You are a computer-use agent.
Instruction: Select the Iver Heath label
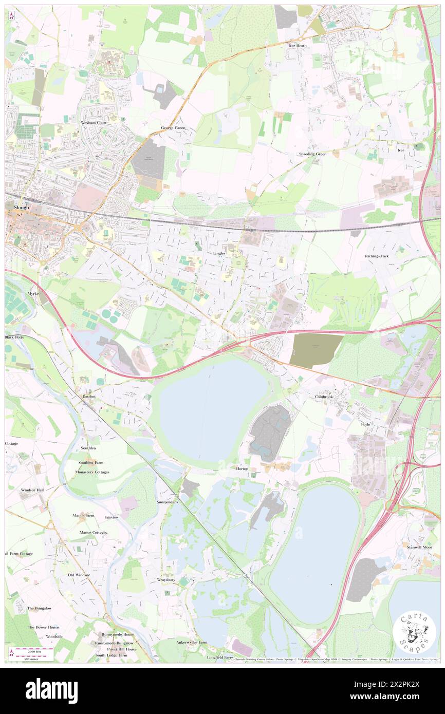click(x=298, y=46)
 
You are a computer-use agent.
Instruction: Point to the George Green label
click(x=173, y=127)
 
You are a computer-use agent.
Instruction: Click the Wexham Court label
click(x=92, y=123)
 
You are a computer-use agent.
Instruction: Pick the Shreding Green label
click(x=313, y=154)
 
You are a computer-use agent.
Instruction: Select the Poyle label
click(x=365, y=424)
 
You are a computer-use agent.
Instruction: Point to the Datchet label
click(x=89, y=397)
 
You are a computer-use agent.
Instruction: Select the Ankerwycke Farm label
click(x=192, y=642)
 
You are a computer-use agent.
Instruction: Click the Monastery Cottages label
click(x=92, y=472)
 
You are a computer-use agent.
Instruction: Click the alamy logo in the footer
click(x=51, y=690)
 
